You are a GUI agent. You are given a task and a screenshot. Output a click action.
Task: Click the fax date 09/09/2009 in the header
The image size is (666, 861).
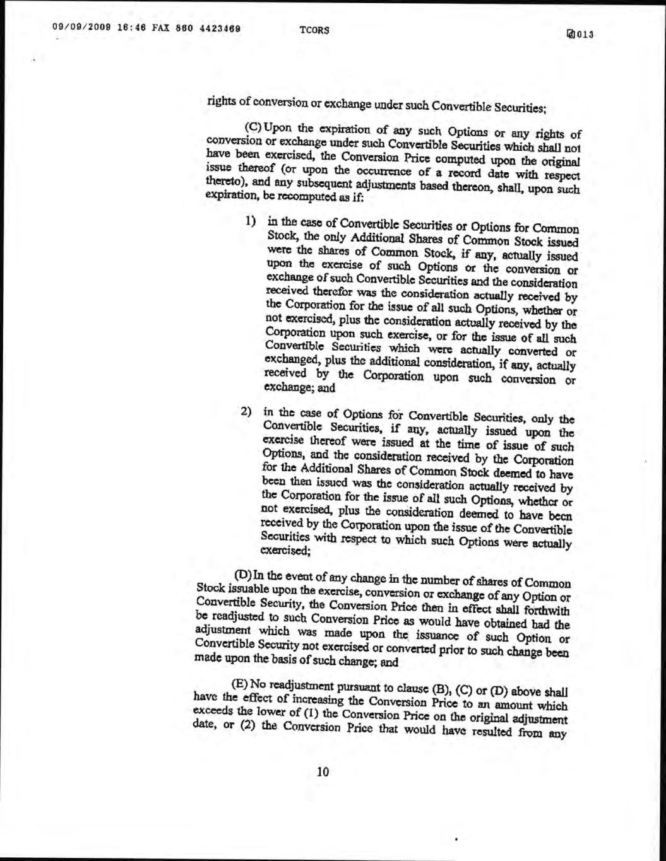click(x=74, y=28)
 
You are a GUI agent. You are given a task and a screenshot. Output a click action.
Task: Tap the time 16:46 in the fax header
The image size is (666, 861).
click(x=117, y=28)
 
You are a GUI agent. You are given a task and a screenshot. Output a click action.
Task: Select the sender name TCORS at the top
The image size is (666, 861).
click(x=314, y=30)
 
